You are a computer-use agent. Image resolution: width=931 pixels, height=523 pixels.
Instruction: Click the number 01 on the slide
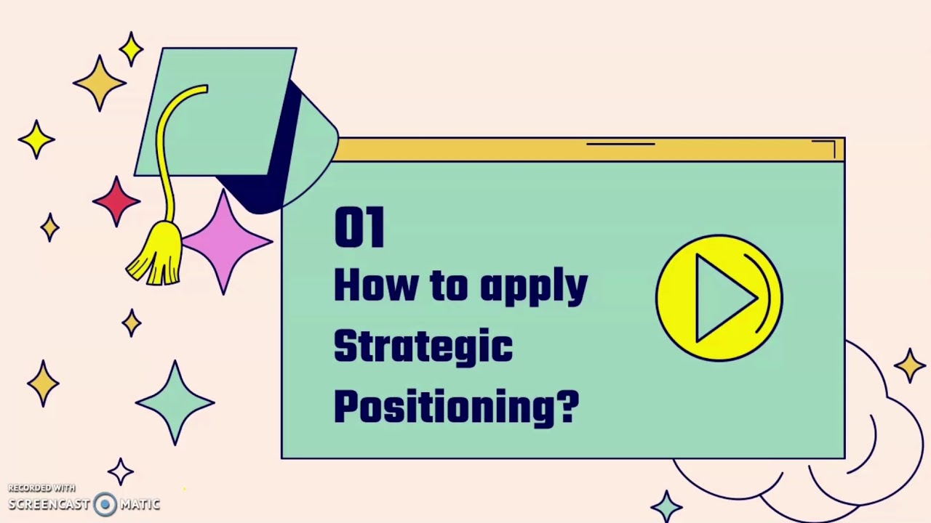pyautogui.click(x=359, y=227)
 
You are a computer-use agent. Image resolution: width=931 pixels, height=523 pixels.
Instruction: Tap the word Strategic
pyautogui.click(x=423, y=346)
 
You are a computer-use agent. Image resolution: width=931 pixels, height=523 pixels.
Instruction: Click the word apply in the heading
pyautogui.click(x=533, y=287)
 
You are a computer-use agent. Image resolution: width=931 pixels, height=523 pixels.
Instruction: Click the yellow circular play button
pyautogui.click(x=719, y=298)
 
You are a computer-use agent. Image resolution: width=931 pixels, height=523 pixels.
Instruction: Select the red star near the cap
pyautogui.click(x=116, y=201)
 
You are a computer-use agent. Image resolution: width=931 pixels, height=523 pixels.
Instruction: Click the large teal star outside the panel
pyautogui.click(x=175, y=402)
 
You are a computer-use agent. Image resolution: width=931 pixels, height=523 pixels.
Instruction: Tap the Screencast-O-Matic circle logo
pyautogui.click(x=105, y=505)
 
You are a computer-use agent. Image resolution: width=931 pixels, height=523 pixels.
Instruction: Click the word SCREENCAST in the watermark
pyautogui.click(x=49, y=505)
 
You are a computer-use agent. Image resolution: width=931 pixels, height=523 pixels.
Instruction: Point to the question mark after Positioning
pyautogui.click(x=567, y=406)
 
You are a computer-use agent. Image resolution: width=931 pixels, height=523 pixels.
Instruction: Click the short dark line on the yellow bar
pyautogui.click(x=620, y=144)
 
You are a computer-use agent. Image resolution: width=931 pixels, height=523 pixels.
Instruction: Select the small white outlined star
pyautogui.click(x=121, y=472)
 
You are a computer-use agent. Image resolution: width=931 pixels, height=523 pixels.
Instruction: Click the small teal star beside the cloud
pyautogui.click(x=667, y=505)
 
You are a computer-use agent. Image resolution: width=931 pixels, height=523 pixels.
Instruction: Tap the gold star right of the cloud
pyautogui.click(x=910, y=365)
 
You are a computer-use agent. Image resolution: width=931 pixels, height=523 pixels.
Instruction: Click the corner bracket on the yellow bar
pyautogui.click(x=828, y=147)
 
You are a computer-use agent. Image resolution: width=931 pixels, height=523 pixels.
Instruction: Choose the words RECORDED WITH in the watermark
pyautogui.click(x=41, y=488)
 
